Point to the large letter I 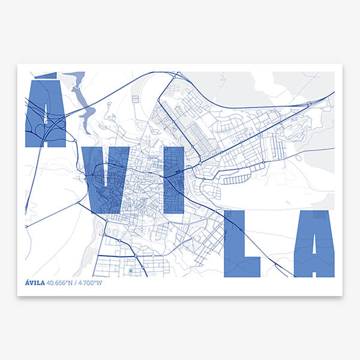[x=173, y=180]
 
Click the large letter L [x=235, y=243]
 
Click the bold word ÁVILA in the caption [x=35, y=283]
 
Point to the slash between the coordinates [x=79, y=283]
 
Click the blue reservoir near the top [x=80, y=96]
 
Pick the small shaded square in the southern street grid [x=131, y=271]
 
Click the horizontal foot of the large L [x=249, y=266]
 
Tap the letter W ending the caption [x=100, y=283]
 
